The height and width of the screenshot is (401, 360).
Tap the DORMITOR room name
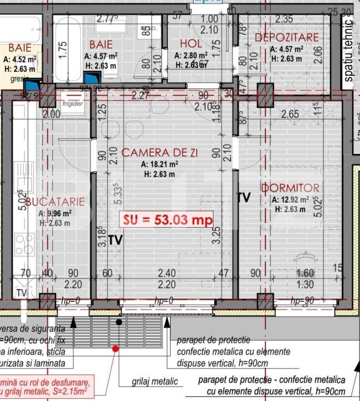(x=290, y=188)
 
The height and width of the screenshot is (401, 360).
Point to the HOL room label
(x=191, y=45)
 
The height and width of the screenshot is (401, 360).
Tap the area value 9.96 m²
(x=57, y=213)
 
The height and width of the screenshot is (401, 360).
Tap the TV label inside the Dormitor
(x=243, y=198)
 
